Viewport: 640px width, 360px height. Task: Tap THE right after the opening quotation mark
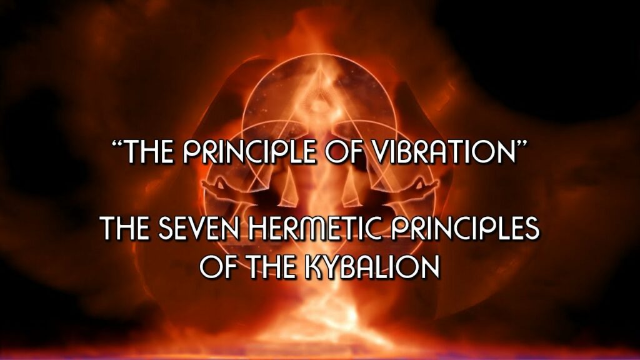point(147,151)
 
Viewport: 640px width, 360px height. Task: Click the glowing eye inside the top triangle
point(318,104)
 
